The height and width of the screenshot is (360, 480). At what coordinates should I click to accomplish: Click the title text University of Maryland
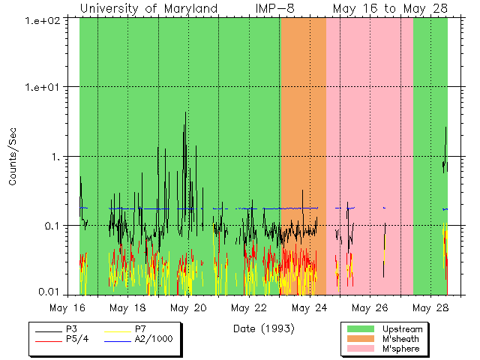point(148,7)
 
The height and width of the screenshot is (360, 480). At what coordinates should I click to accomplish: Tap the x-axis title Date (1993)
point(263,328)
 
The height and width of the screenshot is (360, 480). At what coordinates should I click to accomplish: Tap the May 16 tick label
point(69,307)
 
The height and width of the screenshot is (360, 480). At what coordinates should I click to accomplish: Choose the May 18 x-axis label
point(128,307)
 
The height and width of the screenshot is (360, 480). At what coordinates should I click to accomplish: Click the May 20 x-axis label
point(188,307)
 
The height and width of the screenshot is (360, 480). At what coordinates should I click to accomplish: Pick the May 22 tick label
point(248,307)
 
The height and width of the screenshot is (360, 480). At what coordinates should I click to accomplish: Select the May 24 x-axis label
point(309,307)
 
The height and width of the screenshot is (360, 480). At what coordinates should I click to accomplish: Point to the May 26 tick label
point(369,307)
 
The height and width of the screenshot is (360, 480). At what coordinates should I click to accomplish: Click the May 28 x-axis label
point(430,307)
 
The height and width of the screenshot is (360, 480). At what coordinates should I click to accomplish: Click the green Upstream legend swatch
point(361,329)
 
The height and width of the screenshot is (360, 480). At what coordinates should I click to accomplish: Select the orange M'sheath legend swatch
point(361,339)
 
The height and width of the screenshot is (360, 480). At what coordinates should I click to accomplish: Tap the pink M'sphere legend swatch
point(361,349)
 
